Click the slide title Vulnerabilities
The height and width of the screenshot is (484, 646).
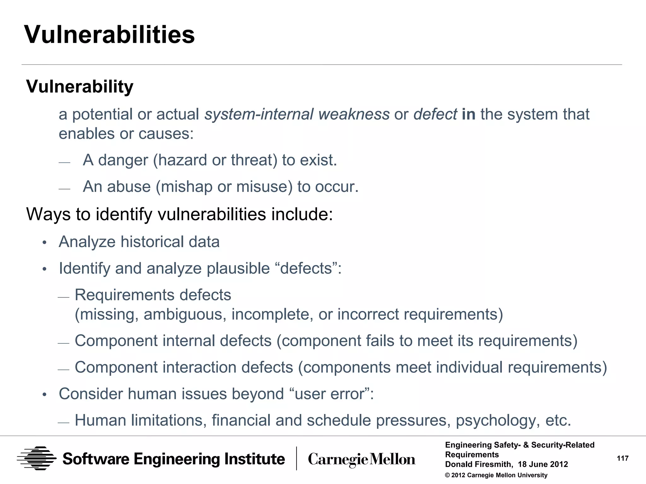[109, 34]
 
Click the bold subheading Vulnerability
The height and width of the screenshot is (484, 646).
[79, 86]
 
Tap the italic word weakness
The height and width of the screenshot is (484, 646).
[354, 114]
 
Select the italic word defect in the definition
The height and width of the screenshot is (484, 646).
[435, 114]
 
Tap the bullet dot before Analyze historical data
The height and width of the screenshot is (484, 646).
[44, 242]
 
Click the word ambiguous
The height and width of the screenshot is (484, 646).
[185, 314]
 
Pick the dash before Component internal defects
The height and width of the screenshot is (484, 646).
[63, 343]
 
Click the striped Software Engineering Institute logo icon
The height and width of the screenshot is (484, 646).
[37, 458]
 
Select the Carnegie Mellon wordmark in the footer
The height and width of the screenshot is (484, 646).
[361, 459]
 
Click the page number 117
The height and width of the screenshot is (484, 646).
[622, 458]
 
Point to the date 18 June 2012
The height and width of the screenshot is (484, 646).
[543, 464]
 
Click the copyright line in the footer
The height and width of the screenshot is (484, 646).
[496, 475]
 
